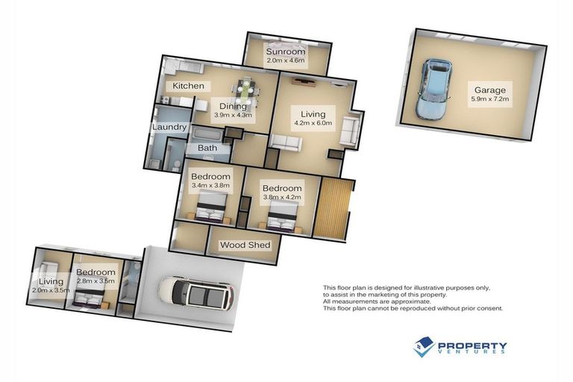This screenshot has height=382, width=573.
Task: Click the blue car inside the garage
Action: pos(435,89)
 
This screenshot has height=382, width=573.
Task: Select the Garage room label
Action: pos(488,90)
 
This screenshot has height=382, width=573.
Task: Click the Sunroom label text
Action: pos(286,51)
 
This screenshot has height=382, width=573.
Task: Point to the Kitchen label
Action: pos(189,86)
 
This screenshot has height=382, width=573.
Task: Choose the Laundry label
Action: pos(169,127)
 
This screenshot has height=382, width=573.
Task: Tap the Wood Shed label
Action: pos(245,245)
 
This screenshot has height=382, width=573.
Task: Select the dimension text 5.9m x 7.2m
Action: pos(489,99)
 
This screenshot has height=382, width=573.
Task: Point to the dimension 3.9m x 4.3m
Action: pos(234,116)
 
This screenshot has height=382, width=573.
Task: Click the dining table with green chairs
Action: pos(245,94)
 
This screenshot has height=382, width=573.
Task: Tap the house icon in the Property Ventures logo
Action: pos(424,345)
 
